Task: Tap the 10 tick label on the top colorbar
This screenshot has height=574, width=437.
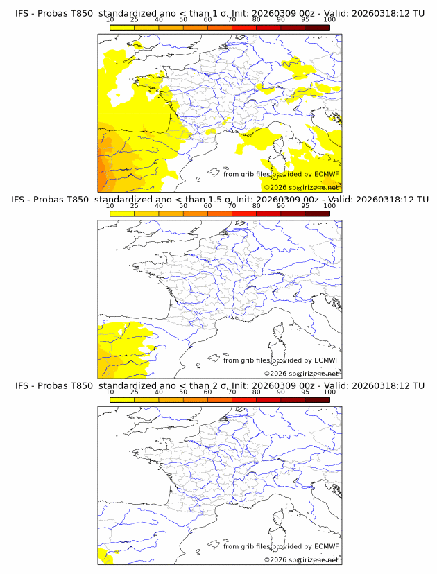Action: click(x=110, y=20)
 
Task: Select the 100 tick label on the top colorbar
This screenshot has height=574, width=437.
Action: click(x=329, y=20)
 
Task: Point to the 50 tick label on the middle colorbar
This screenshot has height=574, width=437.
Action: click(x=183, y=206)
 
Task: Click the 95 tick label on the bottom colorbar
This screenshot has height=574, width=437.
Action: click(x=305, y=392)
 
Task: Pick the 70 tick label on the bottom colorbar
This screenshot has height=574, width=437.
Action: click(x=232, y=392)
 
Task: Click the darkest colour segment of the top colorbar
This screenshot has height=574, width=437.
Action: click(x=317, y=27)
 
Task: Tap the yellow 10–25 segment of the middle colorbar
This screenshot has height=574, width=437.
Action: click(x=122, y=213)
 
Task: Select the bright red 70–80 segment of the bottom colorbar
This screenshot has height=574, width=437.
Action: click(x=244, y=399)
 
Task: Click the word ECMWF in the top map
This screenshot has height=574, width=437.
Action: click(x=326, y=174)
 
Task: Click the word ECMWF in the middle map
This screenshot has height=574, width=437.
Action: click(x=326, y=360)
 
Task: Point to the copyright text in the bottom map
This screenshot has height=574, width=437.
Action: click(x=301, y=559)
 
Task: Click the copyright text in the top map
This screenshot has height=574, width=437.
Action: click(x=301, y=187)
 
